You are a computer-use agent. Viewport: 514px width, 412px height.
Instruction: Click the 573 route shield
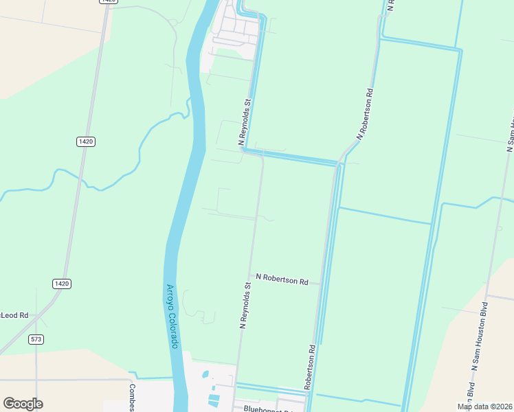(x=36, y=339)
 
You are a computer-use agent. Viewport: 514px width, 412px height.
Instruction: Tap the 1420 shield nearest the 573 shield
(x=62, y=283)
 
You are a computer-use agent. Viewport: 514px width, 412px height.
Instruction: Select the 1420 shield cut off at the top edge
(x=108, y=1)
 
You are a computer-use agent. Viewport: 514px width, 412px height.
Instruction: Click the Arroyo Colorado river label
(x=173, y=317)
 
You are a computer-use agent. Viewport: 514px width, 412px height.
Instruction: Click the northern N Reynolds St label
(x=246, y=122)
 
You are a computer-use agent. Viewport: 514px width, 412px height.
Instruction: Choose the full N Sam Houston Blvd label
(x=479, y=335)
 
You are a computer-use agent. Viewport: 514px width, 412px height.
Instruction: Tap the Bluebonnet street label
(x=267, y=408)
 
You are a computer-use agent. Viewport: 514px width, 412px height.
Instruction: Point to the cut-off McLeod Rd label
(x=14, y=315)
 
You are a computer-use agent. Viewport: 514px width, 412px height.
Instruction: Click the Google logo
(x=23, y=404)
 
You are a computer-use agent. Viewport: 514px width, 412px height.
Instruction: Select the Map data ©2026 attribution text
(x=484, y=407)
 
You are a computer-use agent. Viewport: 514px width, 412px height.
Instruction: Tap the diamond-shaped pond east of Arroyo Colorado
(x=204, y=376)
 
